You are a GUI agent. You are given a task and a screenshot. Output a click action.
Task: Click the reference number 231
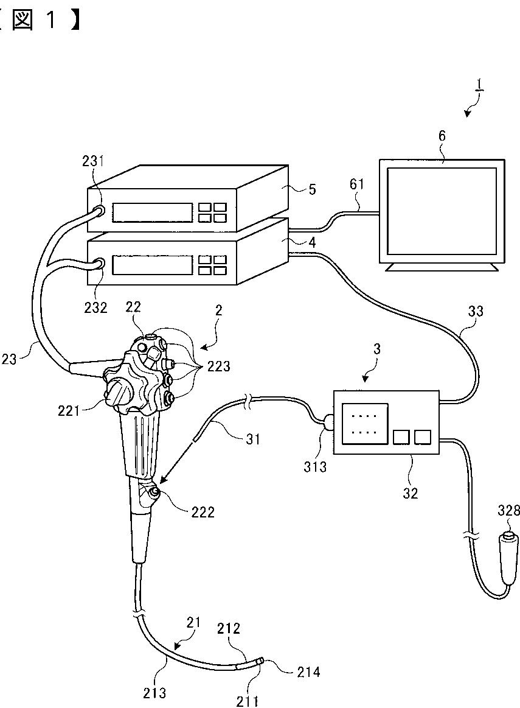coord(93,161)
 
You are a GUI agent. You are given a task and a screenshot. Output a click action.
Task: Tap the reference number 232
coord(95,307)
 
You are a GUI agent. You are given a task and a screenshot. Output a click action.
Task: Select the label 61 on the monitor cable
coord(356,184)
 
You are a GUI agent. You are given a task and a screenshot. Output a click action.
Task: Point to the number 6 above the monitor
coord(442,136)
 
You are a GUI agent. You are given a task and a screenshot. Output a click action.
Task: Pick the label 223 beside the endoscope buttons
coord(219,366)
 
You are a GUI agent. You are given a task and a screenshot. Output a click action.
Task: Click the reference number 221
coord(69,410)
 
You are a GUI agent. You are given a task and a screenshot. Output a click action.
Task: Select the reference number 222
coord(203,512)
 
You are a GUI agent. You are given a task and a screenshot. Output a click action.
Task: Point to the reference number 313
coord(315,466)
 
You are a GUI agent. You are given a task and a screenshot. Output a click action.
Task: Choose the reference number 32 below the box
coord(411,493)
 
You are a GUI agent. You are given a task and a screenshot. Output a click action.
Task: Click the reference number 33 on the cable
coord(476,311)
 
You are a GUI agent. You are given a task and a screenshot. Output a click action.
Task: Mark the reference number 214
coord(308,672)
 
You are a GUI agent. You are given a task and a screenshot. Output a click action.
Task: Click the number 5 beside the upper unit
coord(313,189)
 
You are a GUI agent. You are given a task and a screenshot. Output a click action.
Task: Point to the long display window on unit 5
coord(152,212)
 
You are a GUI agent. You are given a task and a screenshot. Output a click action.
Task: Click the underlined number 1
coord(480,85)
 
